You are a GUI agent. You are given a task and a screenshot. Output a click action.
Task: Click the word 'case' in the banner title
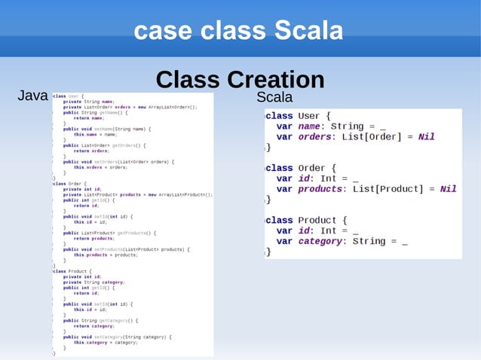click(158, 31)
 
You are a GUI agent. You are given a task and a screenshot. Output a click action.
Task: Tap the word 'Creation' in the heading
click(274, 80)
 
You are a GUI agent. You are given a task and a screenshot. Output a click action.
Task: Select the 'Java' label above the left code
click(32, 96)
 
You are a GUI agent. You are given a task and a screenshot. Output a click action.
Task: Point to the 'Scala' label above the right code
click(274, 98)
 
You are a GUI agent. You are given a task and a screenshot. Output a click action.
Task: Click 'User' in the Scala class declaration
click(309, 116)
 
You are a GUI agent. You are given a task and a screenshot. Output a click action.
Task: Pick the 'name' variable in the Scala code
click(310, 127)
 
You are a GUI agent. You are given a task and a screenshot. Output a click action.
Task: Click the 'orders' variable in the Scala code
click(315, 137)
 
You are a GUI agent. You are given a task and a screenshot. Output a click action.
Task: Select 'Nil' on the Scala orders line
click(426, 137)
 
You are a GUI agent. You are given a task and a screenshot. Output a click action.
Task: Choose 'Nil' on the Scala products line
click(448, 189)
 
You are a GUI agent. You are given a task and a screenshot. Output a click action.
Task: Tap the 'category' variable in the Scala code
click(320, 241)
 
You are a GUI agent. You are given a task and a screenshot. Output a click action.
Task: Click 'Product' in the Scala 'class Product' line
click(317, 220)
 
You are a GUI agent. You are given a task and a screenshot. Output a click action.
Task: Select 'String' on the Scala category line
click(369, 241)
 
